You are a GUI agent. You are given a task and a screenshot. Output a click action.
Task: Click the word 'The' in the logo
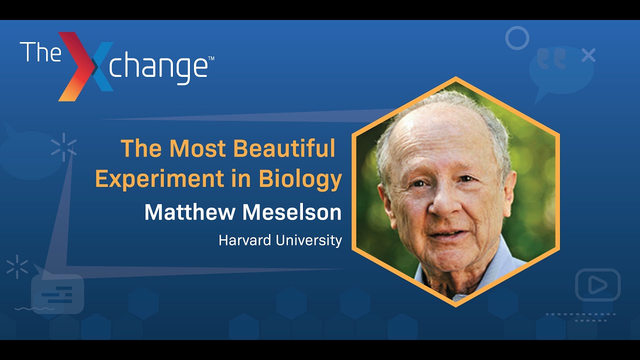coord(40,52)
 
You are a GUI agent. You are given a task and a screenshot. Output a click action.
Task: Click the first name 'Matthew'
coord(190,212)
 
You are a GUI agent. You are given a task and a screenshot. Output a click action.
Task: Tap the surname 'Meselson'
coord(292,212)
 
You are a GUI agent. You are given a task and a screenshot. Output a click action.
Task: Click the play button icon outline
coord(597,284)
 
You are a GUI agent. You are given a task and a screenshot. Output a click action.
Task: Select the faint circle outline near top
coord(516,38)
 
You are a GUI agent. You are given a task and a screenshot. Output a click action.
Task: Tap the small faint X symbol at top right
coord(588,55)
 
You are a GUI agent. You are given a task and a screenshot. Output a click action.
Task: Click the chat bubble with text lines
coord(57,294)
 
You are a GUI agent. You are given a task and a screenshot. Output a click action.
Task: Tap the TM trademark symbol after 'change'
coord(211,59)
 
